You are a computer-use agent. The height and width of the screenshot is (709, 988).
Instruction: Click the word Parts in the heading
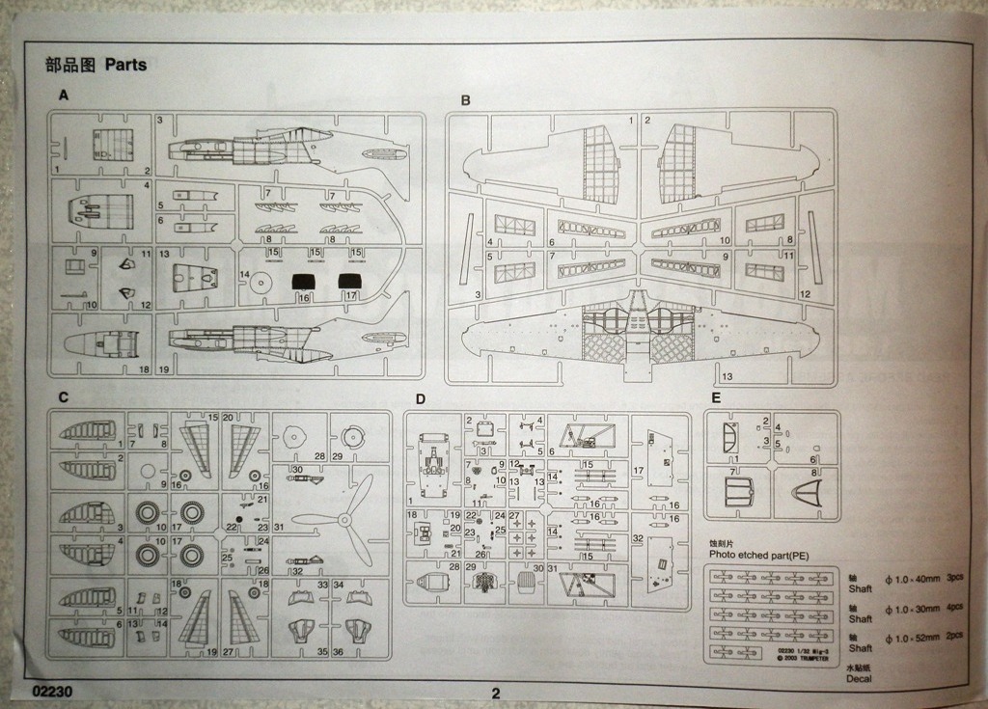click(125, 66)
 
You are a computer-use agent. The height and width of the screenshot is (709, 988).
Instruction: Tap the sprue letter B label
click(465, 100)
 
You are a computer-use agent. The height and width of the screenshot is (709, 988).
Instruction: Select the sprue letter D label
click(421, 398)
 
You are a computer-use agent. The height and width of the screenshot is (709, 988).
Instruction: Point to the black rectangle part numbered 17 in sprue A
click(349, 283)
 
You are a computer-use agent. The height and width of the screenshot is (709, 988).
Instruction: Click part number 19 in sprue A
click(164, 369)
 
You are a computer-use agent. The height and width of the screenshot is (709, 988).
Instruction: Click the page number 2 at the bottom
click(496, 693)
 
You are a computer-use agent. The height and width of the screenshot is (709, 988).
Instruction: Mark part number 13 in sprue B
click(727, 375)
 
